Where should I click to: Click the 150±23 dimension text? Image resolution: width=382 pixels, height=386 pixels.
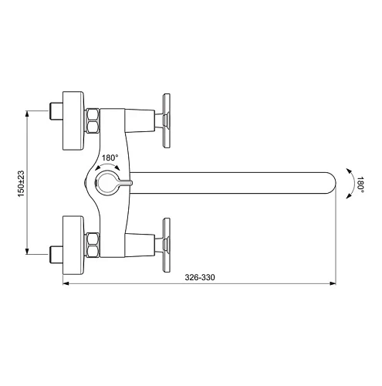(22, 182)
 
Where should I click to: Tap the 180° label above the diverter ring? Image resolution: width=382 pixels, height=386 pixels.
(110, 158)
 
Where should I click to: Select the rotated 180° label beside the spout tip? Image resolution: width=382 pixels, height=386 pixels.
(360, 183)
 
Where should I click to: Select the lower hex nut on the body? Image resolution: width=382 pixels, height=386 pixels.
(93, 244)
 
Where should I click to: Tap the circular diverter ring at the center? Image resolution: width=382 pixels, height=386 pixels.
(106, 183)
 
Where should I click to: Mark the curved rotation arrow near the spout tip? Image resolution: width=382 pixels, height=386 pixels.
(349, 183)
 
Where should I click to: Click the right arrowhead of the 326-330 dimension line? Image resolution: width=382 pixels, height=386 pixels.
(336, 284)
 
